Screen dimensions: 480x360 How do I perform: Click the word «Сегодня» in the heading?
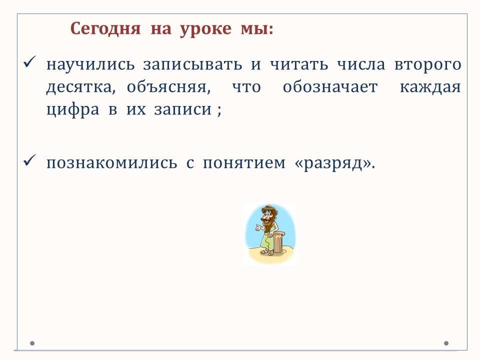click(105, 29)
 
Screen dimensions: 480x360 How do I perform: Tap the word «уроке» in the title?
click(205, 30)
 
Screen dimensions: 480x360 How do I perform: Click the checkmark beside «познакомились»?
click(29, 160)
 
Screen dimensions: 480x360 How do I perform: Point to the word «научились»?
click(90, 65)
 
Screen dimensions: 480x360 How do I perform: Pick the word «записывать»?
click(192, 65)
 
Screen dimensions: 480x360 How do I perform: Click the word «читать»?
click(299, 64)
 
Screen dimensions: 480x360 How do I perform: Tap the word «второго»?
click(427, 65)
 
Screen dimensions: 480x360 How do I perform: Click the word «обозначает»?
click(330, 86)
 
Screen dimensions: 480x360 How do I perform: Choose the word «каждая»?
click(430, 87)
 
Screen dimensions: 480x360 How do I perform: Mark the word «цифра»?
click(73, 110)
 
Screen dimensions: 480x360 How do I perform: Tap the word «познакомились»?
click(111, 163)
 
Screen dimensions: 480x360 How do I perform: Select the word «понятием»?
click(244, 163)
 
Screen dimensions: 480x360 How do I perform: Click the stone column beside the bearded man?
click(278, 242)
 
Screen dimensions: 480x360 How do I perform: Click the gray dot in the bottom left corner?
click(32, 343)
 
